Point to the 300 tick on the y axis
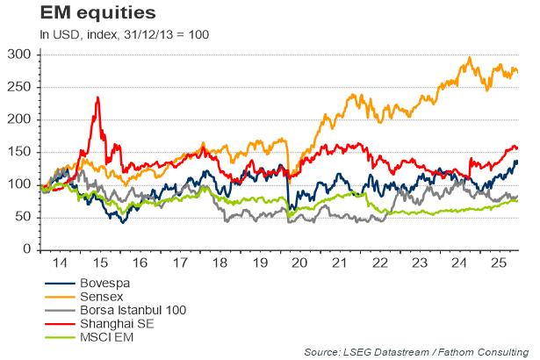pyautogui.click(x=18, y=54)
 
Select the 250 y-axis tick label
pyautogui.click(x=18, y=87)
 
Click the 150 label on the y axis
pyautogui.click(x=18, y=152)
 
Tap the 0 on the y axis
pyautogui.click(x=26, y=249)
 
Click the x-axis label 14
pyautogui.click(x=60, y=263)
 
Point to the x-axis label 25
pyautogui.click(x=498, y=263)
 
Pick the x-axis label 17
pyautogui.click(x=179, y=263)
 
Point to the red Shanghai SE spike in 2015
pyautogui.click(x=97, y=98)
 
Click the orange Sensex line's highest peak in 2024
pyautogui.click(x=470, y=59)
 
